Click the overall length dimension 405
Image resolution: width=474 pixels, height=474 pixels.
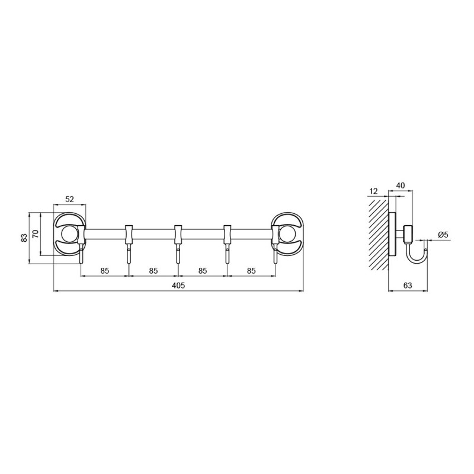point(178,286)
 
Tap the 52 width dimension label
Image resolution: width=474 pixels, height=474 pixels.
point(69,199)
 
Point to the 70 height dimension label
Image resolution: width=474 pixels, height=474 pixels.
point(36,234)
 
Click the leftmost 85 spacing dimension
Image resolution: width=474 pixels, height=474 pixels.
point(105,271)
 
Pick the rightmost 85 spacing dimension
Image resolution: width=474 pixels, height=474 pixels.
point(251,271)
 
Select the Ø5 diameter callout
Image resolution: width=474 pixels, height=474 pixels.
point(443,234)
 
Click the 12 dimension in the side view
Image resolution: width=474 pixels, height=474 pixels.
point(374,191)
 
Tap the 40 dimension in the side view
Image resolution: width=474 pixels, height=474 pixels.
point(401,185)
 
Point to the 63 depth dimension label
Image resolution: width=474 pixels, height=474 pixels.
point(408,286)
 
